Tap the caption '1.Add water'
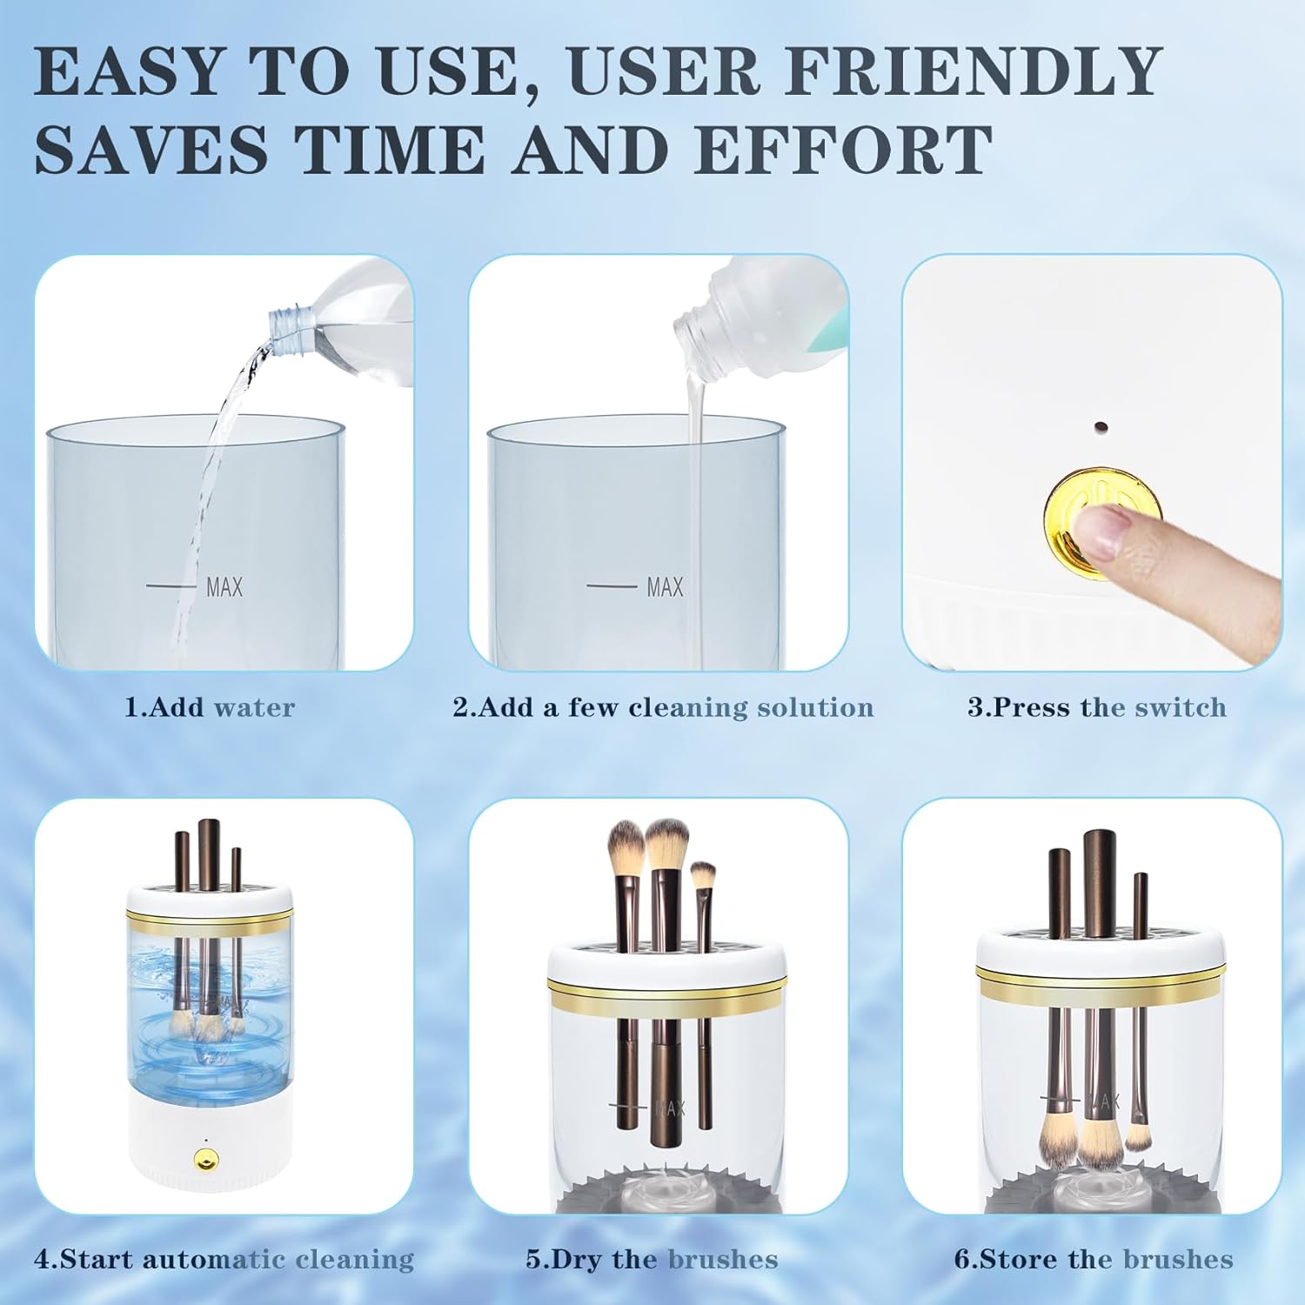[x=210, y=707]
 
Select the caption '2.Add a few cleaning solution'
[x=663, y=707]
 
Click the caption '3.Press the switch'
[x=1097, y=707]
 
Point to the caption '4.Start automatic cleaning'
[x=224, y=1259]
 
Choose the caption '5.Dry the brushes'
[x=652, y=1259]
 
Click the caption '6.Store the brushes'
[x=1094, y=1259]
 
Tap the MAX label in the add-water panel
[x=224, y=587]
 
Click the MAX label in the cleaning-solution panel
[x=665, y=587]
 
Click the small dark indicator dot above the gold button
[x=1100, y=427]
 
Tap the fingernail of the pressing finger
[x=1098, y=529]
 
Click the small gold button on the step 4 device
[x=206, y=1160]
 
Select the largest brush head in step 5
[x=667, y=842]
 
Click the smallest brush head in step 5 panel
[x=703, y=873]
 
